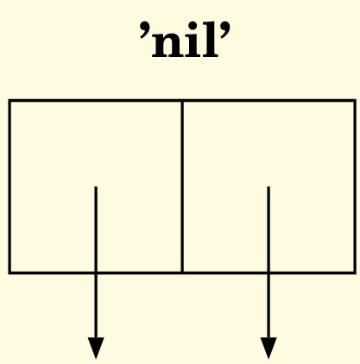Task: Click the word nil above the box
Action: (x=185, y=41)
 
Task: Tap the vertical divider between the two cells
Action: (x=182, y=186)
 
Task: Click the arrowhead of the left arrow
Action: (x=96, y=348)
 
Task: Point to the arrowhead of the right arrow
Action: (x=268, y=348)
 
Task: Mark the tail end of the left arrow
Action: (x=96, y=187)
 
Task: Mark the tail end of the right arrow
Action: (x=268, y=187)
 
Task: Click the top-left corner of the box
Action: (x=9, y=101)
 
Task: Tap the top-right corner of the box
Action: (x=355, y=101)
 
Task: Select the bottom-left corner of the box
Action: (x=9, y=273)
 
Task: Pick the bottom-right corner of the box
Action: (x=355, y=273)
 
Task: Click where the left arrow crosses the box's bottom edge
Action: (x=96, y=273)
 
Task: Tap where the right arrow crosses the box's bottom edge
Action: (x=268, y=273)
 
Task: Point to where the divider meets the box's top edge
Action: (x=182, y=101)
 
